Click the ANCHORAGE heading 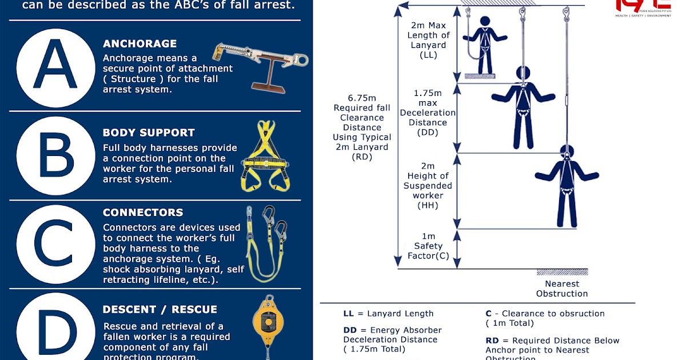tap(139, 44)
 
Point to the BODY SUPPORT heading tap(149, 133)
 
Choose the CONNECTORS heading tap(143, 213)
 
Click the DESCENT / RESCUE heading tap(159, 310)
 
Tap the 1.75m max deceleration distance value tap(428, 93)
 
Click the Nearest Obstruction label tap(561, 289)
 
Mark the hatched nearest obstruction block tap(562, 272)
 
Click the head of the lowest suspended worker tap(566, 153)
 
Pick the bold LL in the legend tap(348, 313)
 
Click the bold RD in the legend tap(492, 341)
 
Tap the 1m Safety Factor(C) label tap(428, 246)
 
